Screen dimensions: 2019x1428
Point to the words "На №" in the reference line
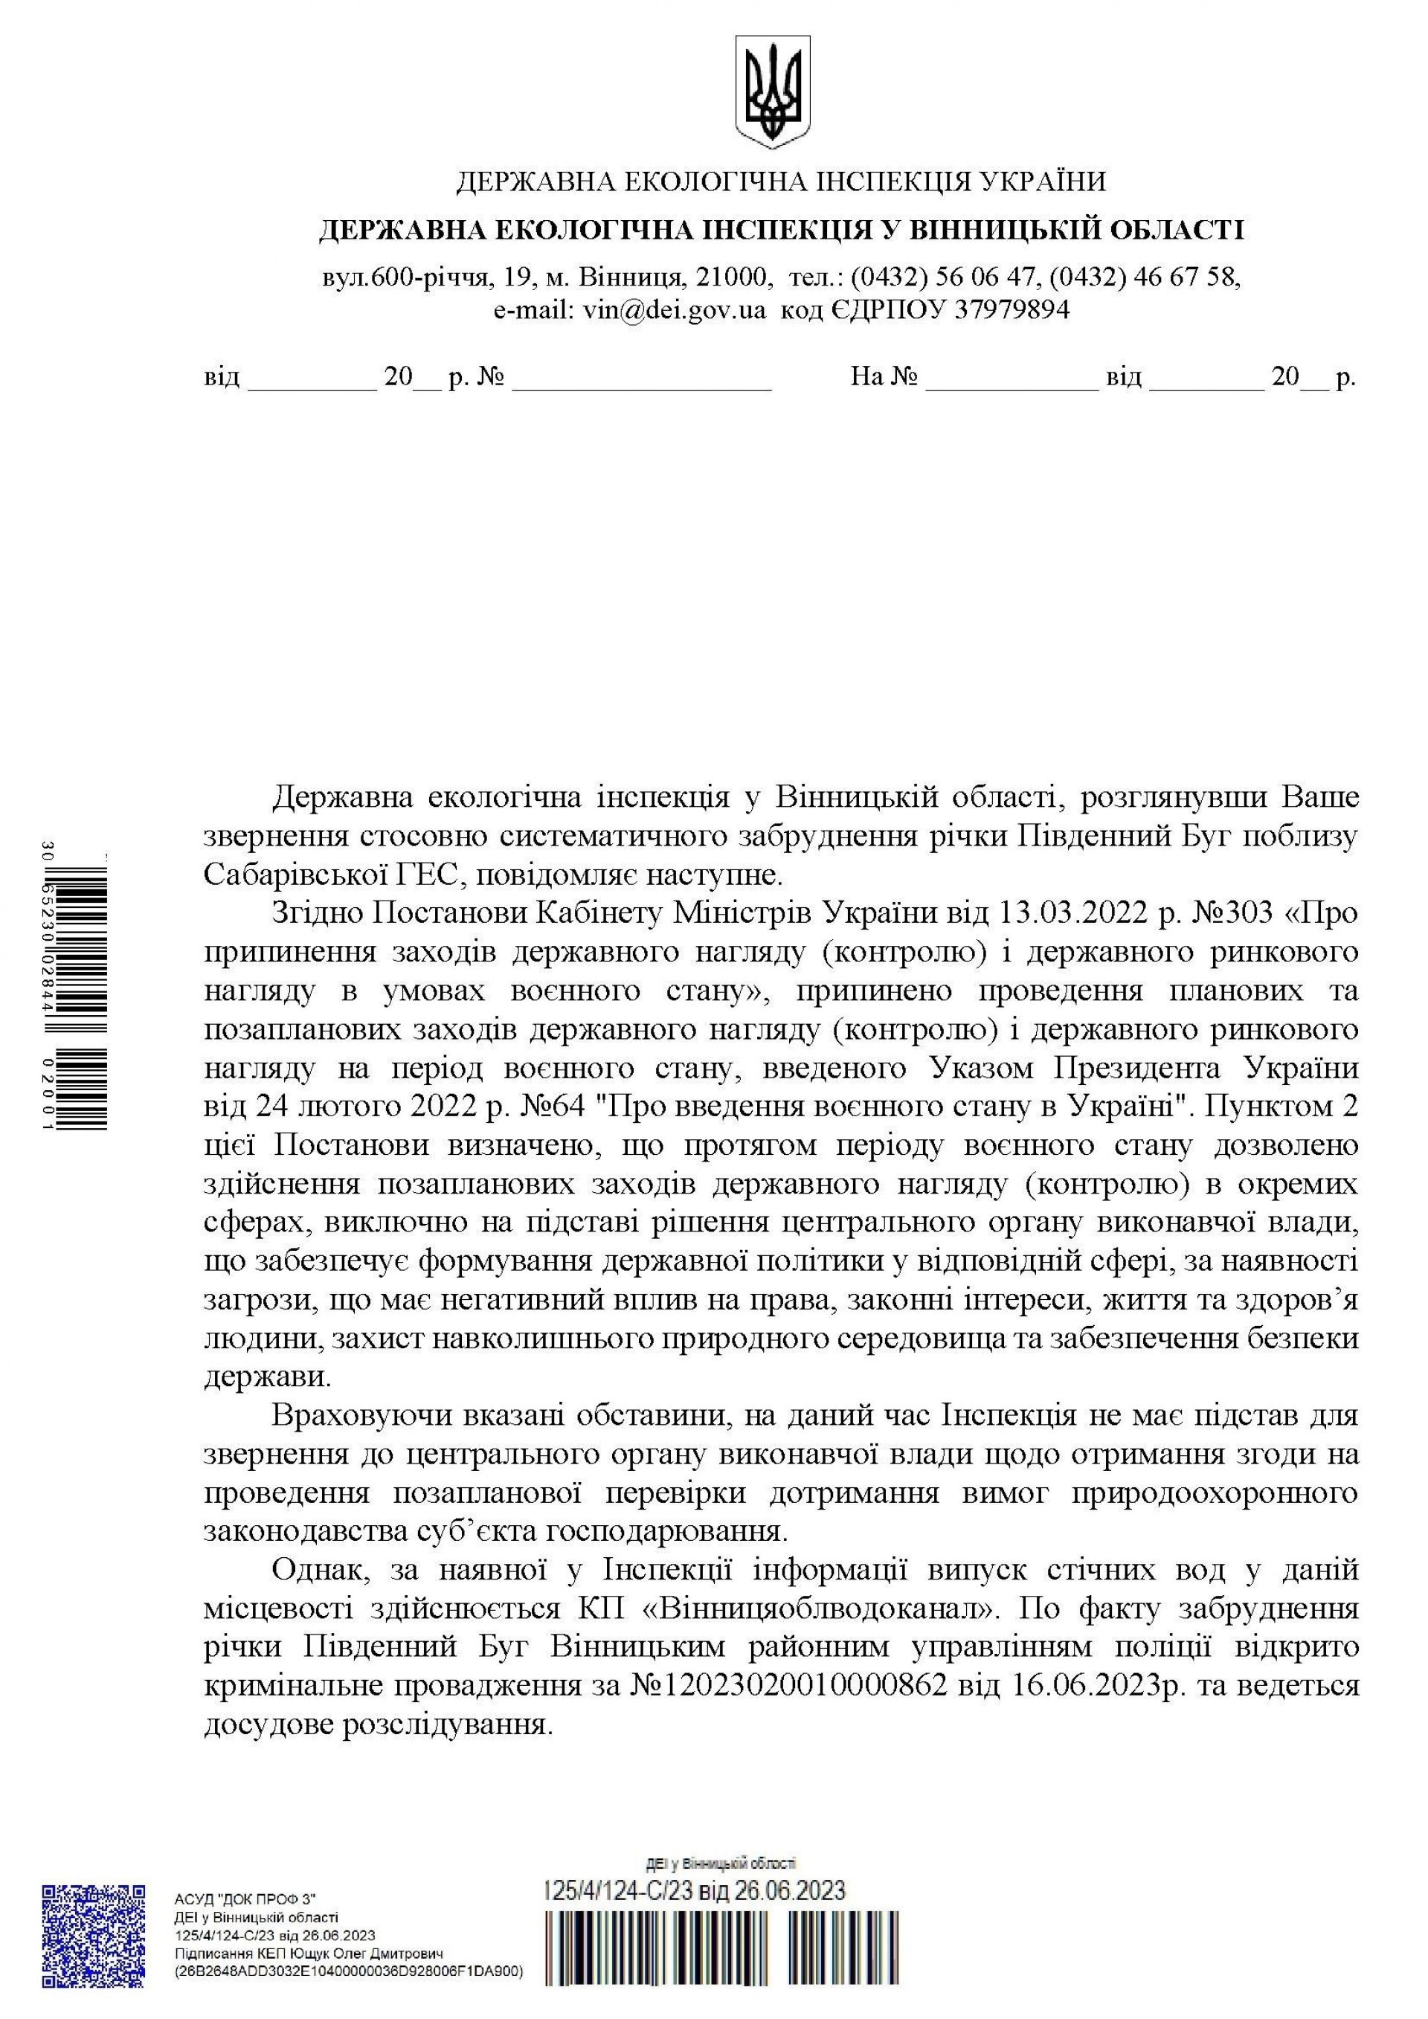click(x=884, y=378)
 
